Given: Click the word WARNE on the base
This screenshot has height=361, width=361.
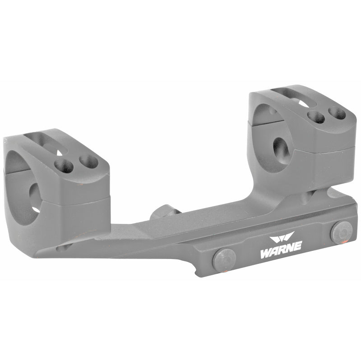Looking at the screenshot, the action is [x=281, y=250].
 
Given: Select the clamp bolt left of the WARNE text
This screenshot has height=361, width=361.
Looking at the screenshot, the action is [x=224, y=260].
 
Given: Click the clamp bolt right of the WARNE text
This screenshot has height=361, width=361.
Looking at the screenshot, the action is [x=342, y=233].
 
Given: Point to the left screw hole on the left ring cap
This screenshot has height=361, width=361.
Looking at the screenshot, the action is [x=64, y=166].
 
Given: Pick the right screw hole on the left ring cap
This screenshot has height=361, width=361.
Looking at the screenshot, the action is [x=88, y=161].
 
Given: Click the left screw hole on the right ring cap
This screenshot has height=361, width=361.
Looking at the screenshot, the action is [x=316, y=117].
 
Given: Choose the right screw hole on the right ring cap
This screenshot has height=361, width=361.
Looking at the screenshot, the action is [x=337, y=113].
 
